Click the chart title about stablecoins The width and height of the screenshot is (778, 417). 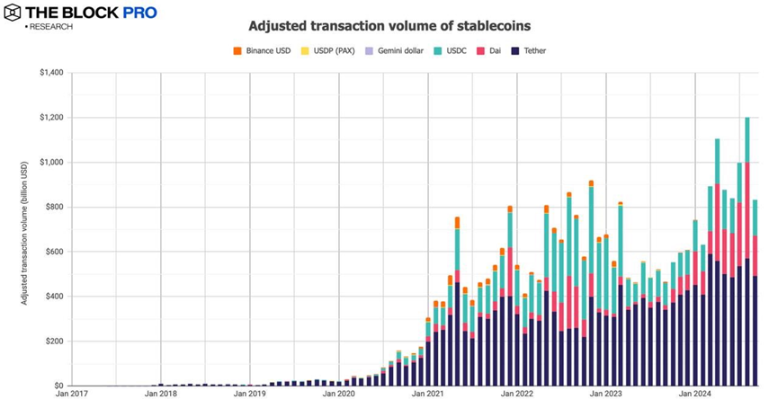(389, 26)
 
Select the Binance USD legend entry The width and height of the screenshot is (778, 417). (266, 51)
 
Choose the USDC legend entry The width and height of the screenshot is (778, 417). (455, 51)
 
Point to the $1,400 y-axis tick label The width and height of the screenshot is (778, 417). (50, 73)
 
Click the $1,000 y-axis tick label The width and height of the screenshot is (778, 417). (50, 163)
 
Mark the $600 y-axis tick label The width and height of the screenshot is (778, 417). (53, 252)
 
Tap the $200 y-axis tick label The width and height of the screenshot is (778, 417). (53, 342)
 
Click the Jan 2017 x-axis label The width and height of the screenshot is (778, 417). (72, 394)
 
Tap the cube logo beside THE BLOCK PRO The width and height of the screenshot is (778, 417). (14, 13)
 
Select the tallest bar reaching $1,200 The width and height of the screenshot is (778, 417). (747, 252)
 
